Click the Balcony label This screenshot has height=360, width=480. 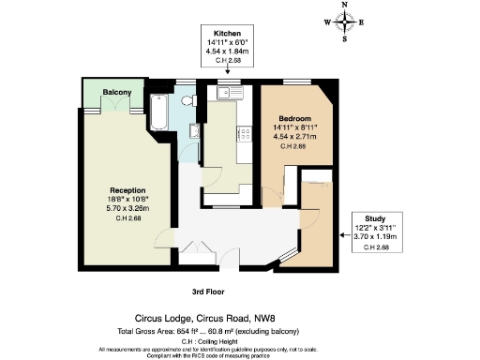tap(117, 93)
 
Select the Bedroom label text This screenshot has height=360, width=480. tap(289, 118)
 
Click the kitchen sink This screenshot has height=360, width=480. tap(228, 93)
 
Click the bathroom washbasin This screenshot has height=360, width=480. tap(192, 128)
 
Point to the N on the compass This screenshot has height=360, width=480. tap(345, 5)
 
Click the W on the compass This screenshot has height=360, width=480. tap(327, 22)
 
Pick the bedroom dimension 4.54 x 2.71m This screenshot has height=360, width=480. tap(289, 137)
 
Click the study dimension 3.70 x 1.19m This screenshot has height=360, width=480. tap(373, 237)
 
